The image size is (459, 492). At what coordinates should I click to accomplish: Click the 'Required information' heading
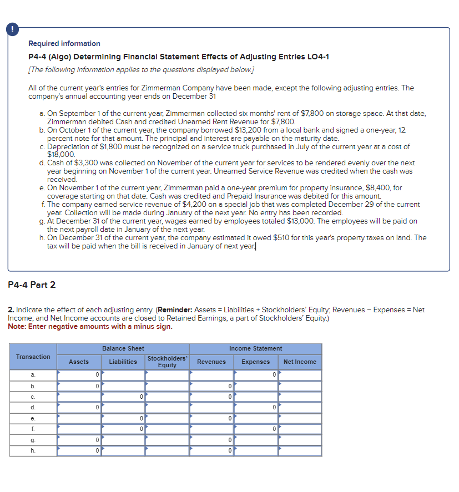click(x=64, y=43)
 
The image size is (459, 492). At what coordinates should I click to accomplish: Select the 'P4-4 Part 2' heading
click(x=32, y=285)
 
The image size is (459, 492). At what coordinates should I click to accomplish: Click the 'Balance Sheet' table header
click(x=123, y=348)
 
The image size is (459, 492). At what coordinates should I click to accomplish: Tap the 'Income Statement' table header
click(x=255, y=348)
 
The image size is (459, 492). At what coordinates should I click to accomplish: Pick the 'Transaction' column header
click(x=33, y=357)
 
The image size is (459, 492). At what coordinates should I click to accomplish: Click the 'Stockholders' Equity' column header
click(x=167, y=362)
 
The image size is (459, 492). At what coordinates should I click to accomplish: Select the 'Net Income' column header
click(x=300, y=362)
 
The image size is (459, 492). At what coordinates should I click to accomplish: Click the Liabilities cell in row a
click(x=123, y=376)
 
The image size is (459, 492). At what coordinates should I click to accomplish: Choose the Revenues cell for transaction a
click(x=211, y=376)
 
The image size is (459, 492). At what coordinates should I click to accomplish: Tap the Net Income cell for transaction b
click(x=300, y=386)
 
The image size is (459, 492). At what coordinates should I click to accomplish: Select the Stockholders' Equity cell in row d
click(x=167, y=408)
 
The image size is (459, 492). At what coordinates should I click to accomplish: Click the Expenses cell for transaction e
click(x=255, y=418)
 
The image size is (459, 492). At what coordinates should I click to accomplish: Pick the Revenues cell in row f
click(x=211, y=429)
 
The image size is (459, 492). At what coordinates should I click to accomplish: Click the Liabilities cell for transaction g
click(x=123, y=440)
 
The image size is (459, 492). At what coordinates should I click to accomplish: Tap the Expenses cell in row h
click(x=255, y=450)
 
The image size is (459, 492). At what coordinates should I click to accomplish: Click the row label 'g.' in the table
click(x=33, y=440)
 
